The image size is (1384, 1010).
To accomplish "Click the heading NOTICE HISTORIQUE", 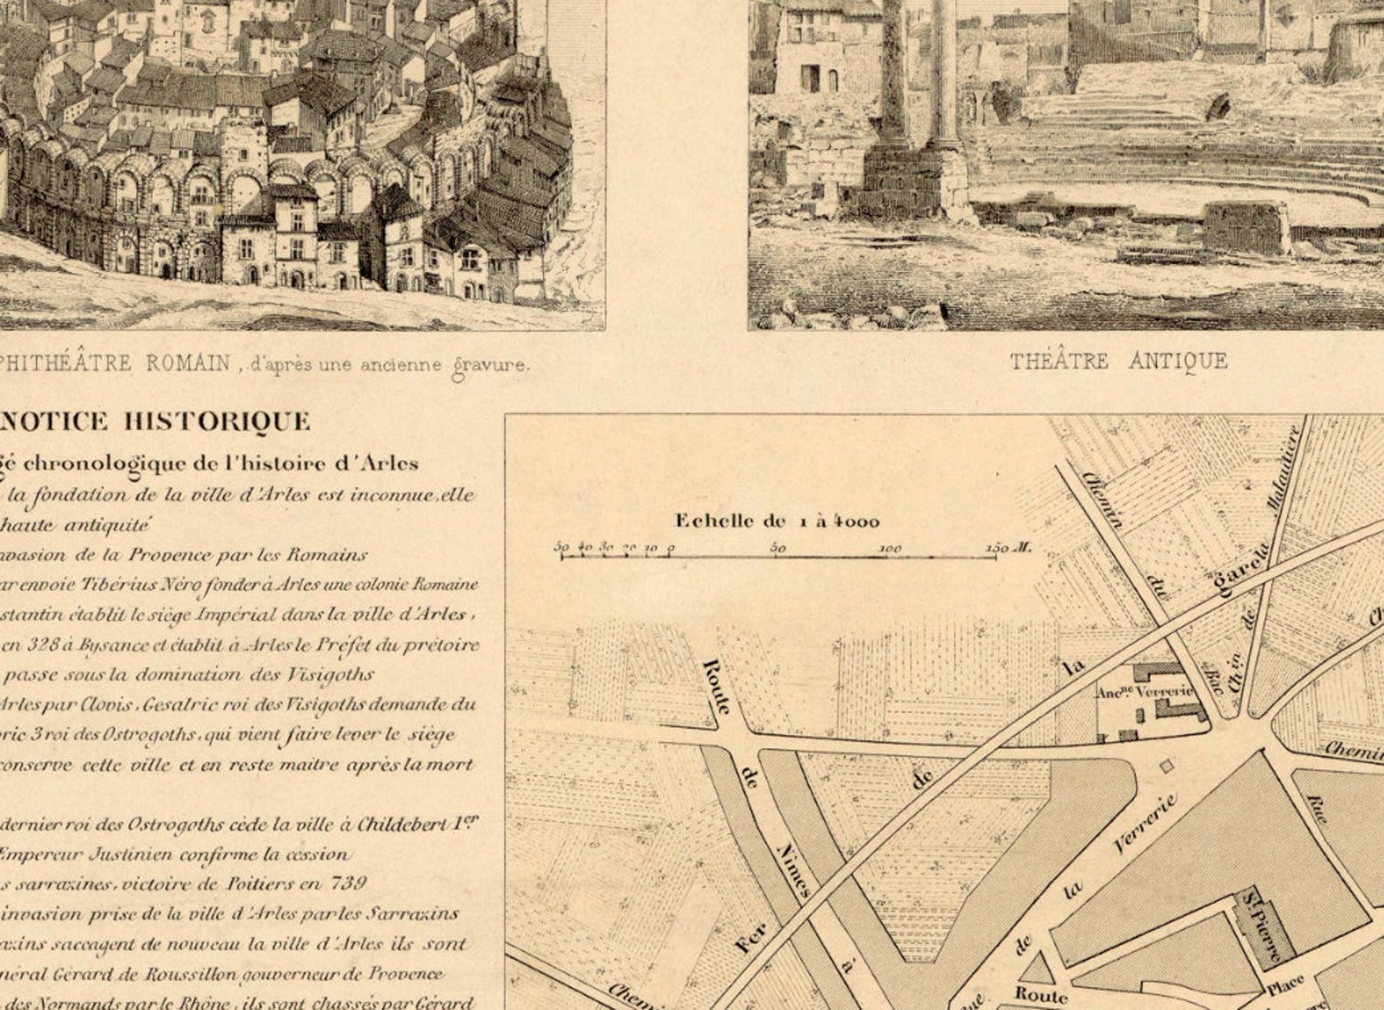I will click(154, 422).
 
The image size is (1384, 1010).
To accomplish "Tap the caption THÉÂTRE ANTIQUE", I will click(1118, 361).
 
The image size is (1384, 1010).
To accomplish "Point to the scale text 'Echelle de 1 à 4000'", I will click(777, 521).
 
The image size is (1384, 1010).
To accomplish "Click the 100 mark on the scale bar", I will click(889, 549).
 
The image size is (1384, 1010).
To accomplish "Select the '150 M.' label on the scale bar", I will click(1008, 548).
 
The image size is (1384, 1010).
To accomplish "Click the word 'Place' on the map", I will click(1286, 986).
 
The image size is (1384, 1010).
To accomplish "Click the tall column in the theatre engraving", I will click(945, 78).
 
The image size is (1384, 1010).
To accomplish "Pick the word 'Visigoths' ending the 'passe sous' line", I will click(335, 674).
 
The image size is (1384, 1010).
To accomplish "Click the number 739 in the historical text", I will click(348, 883).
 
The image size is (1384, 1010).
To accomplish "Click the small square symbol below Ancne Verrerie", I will click(1167, 766).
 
